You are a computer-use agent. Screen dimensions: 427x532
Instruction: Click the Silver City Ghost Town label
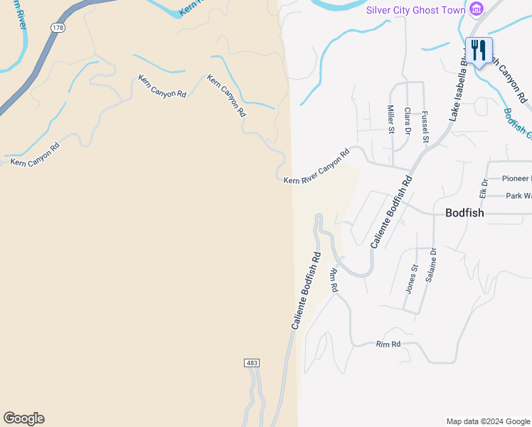(x=415, y=9)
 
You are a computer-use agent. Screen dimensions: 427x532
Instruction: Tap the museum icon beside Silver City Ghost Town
(x=476, y=9)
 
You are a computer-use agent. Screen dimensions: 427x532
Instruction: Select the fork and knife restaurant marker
(x=479, y=51)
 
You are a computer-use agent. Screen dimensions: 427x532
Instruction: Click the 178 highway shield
(x=57, y=27)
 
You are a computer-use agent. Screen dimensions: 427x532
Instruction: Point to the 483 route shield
(x=252, y=363)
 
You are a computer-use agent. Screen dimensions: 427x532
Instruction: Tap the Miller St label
(x=390, y=120)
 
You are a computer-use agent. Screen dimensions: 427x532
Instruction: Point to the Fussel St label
(x=425, y=127)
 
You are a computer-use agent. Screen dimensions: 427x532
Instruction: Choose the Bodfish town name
(x=464, y=213)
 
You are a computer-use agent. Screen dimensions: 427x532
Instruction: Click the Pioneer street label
(x=516, y=179)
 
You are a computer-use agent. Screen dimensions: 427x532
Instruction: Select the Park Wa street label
(x=518, y=196)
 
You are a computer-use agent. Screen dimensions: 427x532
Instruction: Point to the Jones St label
(x=410, y=278)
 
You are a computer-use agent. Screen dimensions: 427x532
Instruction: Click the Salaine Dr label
(x=430, y=265)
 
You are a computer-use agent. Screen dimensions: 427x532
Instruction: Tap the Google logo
(x=23, y=418)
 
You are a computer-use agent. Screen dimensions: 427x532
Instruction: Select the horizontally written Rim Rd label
(x=388, y=344)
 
